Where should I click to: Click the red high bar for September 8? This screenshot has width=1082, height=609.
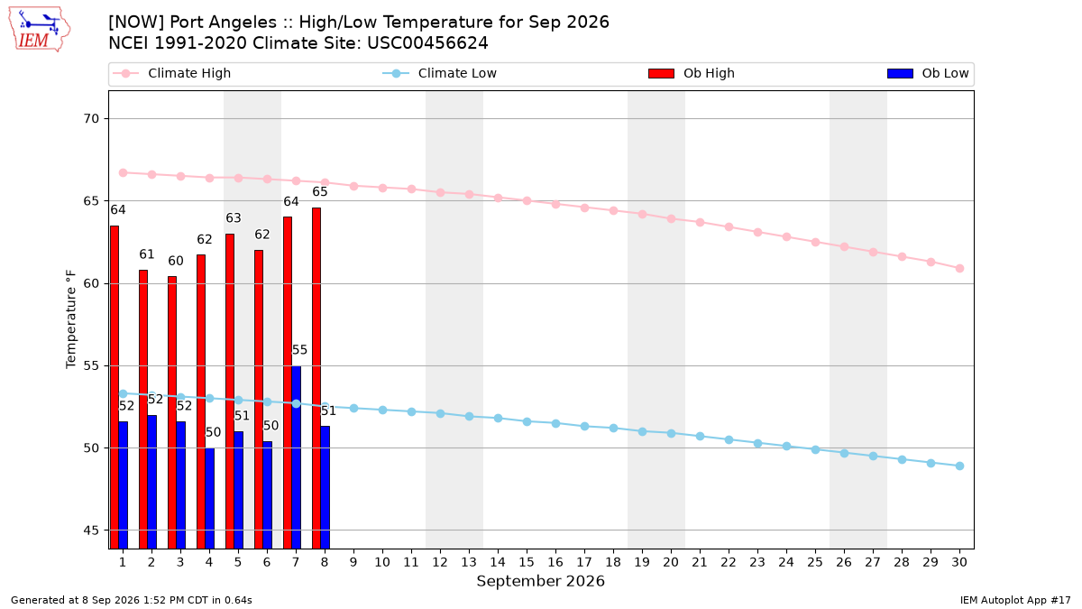pos(316,378)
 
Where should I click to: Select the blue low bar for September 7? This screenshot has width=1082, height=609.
pos(296,457)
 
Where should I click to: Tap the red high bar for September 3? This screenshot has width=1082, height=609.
pos(172,412)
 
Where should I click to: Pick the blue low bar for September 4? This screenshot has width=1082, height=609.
pos(209,498)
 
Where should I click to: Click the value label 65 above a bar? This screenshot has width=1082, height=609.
pos(320,192)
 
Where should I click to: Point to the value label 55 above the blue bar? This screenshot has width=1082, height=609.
pos(299,350)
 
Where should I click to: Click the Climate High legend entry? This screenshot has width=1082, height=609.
pos(171,73)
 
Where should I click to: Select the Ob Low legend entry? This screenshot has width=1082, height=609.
pos(928,73)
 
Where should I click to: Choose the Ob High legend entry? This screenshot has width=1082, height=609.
pos(692,73)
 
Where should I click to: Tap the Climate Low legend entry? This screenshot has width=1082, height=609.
pos(439,73)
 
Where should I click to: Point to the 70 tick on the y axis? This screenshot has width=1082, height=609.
pos(91,119)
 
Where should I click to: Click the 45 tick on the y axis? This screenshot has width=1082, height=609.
pos(91,531)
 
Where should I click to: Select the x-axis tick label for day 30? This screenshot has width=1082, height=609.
pos(959,562)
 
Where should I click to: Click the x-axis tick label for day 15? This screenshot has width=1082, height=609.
pos(527,562)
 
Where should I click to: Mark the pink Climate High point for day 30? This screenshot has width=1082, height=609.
pos(959,268)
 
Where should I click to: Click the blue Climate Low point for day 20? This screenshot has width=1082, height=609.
pos(671,434)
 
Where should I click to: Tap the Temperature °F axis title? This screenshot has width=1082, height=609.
pos(71,319)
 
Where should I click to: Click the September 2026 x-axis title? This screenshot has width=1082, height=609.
pos(540,581)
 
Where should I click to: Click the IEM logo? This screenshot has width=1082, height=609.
pos(40,30)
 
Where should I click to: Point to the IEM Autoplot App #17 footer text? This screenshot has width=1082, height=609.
pos(1015,600)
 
